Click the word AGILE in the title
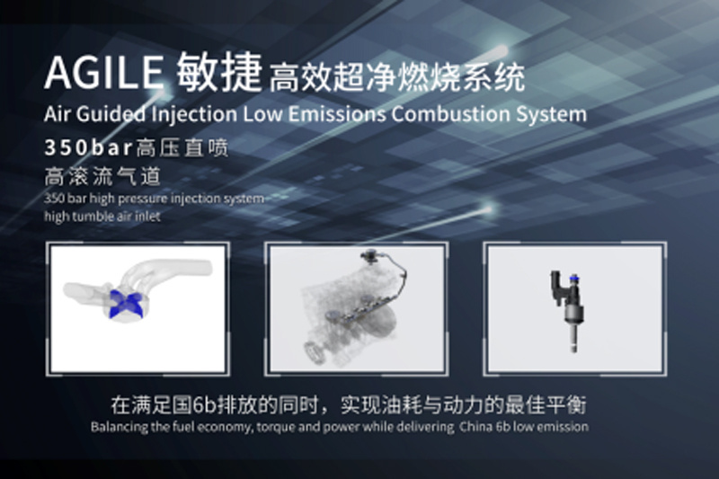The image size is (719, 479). click(x=103, y=73)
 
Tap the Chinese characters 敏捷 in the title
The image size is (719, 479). click(x=219, y=72)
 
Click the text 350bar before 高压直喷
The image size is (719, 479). click(x=88, y=147)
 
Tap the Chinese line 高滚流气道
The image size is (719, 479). click(x=102, y=176)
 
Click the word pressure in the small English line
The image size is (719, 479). click(x=138, y=199)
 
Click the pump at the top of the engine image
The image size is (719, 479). click(x=369, y=256)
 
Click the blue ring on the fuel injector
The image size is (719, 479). click(x=573, y=279)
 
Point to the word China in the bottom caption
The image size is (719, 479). click(x=476, y=427)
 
